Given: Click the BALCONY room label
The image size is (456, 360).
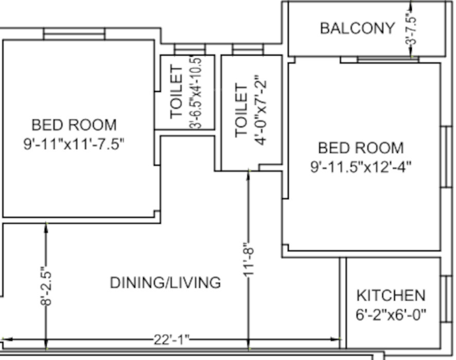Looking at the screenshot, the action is point(357,28).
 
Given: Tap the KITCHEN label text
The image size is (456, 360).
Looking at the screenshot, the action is point(391,296).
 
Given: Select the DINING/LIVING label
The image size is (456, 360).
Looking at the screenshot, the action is point(166,283).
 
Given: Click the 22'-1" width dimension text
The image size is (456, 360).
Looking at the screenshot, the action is point(171,339).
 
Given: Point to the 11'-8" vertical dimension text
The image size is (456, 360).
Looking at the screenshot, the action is point(249,260).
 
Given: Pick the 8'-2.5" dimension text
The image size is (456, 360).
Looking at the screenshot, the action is point(46,286).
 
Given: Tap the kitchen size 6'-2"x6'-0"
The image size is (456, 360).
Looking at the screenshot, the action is point(391,314).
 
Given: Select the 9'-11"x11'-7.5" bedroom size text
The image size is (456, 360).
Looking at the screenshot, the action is point(74,144).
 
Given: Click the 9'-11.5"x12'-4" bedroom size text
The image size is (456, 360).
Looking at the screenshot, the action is point(361,167).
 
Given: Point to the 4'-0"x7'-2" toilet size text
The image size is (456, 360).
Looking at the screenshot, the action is point(260,111).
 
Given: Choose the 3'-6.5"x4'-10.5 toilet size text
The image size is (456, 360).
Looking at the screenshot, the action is point(196,93).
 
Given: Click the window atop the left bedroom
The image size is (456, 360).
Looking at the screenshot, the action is point(74,34).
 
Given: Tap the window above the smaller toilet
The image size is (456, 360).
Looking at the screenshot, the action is point(190,49).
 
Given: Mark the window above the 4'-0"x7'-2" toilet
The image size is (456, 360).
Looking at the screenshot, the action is point(248,49).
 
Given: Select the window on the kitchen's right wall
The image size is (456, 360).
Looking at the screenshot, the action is point(446,299).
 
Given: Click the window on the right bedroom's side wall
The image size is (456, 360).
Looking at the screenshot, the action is point(446,157).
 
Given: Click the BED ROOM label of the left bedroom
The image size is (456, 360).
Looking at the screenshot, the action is point(74,125).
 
